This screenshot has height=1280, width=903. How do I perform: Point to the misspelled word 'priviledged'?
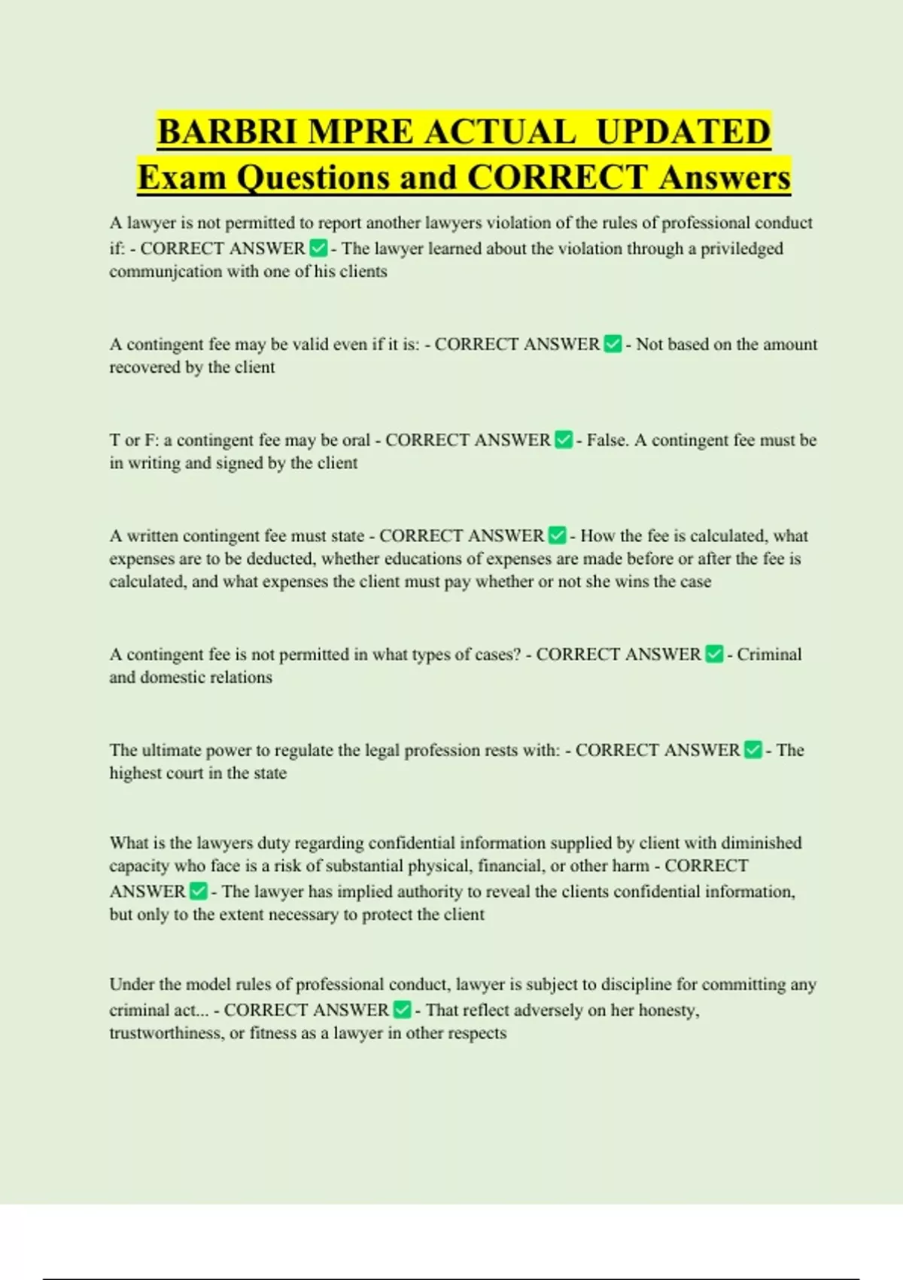pyautogui.click(x=741, y=248)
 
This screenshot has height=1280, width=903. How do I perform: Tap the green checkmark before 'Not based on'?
pyautogui.click(x=613, y=344)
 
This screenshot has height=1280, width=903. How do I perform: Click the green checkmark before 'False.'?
pyautogui.click(x=564, y=440)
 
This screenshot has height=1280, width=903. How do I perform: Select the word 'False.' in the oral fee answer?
pyautogui.click(x=607, y=440)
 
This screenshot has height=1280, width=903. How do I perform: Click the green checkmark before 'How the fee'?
pyautogui.click(x=557, y=535)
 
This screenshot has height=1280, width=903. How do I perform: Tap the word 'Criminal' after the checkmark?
pyautogui.click(x=769, y=654)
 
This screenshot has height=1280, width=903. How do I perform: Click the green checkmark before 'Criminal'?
pyautogui.click(x=714, y=654)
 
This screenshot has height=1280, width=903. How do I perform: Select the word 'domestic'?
pyautogui.click(x=174, y=677)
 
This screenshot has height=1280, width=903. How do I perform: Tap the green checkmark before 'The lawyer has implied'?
pyautogui.click(x=198, y=891)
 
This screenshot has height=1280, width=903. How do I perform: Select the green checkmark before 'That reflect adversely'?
pyautogui.click(x=403, y=1010)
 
